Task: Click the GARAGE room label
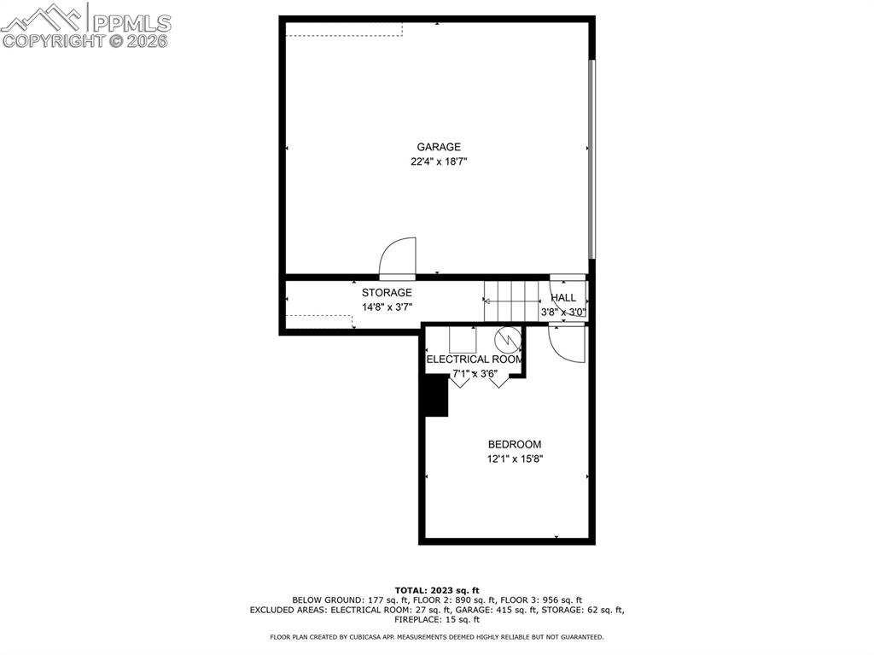[439, 147]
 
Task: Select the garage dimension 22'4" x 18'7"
[439, 161]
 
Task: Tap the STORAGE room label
[387, 293]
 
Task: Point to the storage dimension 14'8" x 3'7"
[387, 307]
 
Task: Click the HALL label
[563, 298]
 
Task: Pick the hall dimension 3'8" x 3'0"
[564, 313]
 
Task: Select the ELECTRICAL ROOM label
[474, 360]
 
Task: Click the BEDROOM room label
[514, 444]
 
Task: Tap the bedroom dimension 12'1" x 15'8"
[514, 459]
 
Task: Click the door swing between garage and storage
[398, 257]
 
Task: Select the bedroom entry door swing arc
[566, 343]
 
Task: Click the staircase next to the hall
[512, 300]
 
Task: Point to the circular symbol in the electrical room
[507, 339]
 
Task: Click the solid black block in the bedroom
[436, 395]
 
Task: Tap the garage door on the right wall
[591, 158]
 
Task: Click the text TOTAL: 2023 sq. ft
[437, 590]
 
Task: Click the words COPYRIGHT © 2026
[85, 40]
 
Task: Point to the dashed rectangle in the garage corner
[344, 29]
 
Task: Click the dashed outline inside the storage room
[319, 322]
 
